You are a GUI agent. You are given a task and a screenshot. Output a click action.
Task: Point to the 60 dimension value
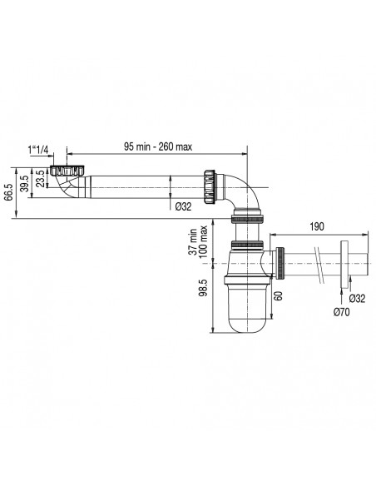coord(282,294)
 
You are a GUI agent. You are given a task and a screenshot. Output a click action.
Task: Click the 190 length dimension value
coord(317,226)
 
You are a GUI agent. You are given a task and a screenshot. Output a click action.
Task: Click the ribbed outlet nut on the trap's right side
coord(283,264)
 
